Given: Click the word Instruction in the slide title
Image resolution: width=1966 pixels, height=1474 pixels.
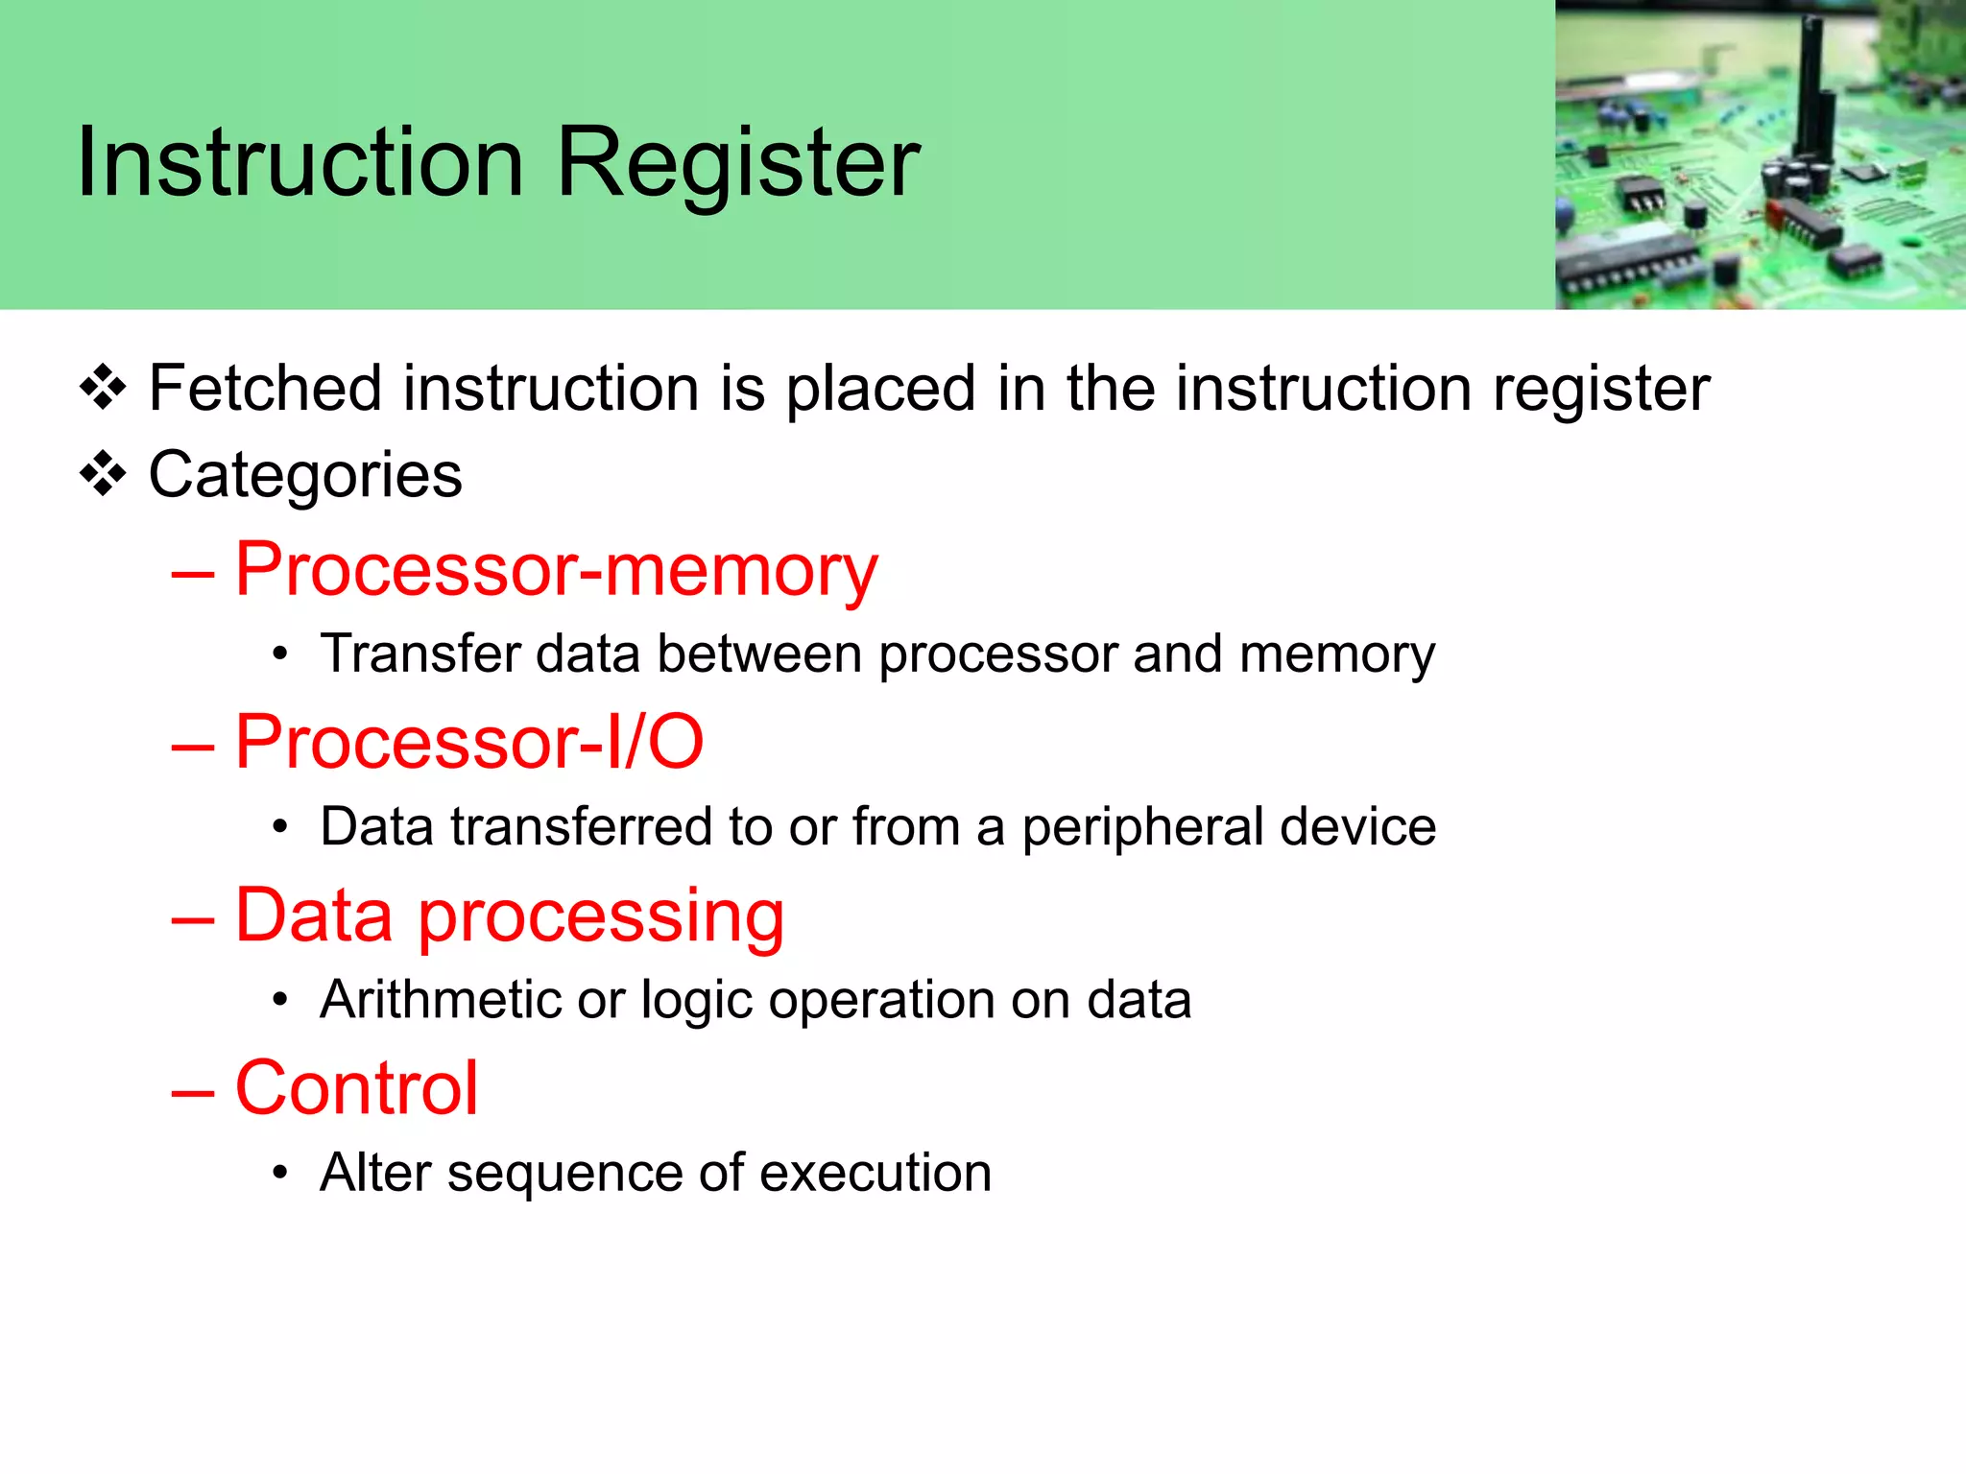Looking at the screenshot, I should coord(300,163).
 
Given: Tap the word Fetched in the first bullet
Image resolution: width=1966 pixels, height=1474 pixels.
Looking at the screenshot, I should coord(265,389).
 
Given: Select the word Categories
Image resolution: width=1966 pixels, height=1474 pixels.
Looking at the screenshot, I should coord(305,476).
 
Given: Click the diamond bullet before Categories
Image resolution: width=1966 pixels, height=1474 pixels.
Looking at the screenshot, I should coord(103,474).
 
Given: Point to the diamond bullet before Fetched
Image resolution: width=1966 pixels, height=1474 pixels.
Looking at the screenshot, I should coord(103,388).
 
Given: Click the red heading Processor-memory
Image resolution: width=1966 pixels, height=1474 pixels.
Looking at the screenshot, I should coord(556,570).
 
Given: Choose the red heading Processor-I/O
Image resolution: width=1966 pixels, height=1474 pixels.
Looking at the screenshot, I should coord(469,743).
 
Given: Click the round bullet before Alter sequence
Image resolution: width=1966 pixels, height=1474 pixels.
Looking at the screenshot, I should coord(279,1173).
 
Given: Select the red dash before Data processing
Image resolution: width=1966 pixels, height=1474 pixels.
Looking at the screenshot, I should coord(193,919).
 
